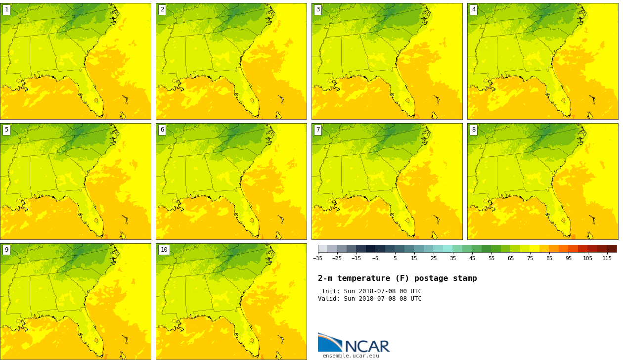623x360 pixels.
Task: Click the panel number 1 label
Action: (6, 10)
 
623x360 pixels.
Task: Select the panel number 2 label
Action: (162, 10)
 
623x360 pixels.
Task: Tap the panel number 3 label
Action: (318, 10)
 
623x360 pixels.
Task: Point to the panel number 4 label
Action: (474, 10)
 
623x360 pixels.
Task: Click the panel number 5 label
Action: (6, 130)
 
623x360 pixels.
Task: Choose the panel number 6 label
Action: (162, 130)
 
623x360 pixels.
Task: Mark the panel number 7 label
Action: (318, 130)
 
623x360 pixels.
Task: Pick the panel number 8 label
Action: (474, 130)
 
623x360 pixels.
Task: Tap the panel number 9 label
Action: (6, 250)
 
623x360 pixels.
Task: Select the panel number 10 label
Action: (164, 250)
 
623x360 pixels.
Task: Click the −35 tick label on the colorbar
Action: (317, 259)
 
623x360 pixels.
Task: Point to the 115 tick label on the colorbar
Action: (607, 259)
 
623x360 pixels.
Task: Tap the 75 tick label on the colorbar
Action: (530, 259)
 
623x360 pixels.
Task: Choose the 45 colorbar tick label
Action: (472, 259)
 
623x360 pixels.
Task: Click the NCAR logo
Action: (354, 343)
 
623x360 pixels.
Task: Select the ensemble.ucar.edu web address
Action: (351, 356)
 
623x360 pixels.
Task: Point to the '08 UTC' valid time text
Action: (409, 299)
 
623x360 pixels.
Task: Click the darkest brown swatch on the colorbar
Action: (612, 249)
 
